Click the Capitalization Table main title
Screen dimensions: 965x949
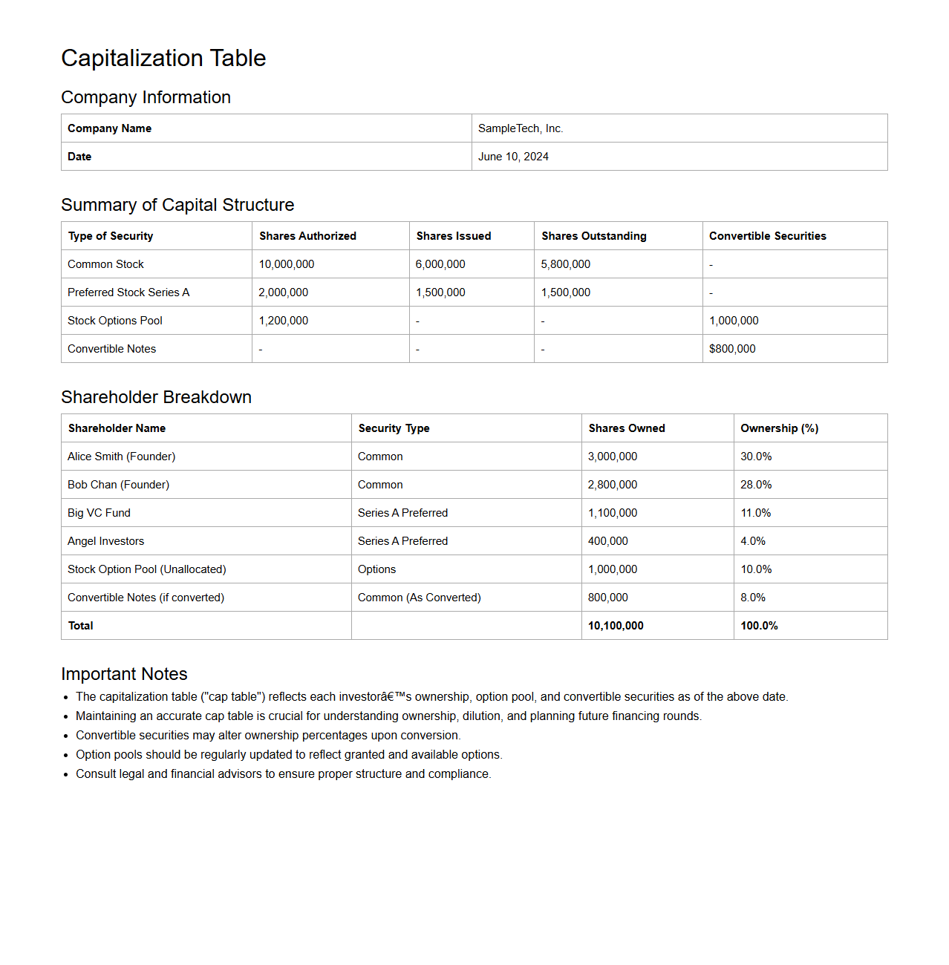click(163, 58)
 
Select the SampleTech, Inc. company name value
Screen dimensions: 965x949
click(521, 128)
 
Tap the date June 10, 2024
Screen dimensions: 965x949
click(513, 157)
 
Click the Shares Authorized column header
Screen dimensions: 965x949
click(307, 236)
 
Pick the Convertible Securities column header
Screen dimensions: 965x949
click(767, 236)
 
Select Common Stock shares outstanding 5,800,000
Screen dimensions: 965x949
click(565, 264)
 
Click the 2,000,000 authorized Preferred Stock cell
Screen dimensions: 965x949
click(283, 292)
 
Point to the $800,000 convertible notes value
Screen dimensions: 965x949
click(732, 349)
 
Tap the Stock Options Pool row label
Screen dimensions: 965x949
click(115, 321)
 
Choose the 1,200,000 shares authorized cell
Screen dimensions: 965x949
click(283, 321)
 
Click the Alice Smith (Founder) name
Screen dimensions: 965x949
click(121, 457)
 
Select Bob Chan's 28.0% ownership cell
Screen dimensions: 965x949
click(756, 485)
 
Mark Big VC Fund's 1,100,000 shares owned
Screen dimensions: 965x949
click(613, 513)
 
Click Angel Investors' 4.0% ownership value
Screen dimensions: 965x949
click(753, 541)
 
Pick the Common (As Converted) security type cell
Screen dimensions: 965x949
click(419, 598)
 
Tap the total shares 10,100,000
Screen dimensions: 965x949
click(616, 626)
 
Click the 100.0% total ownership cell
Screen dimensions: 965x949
click(759, 626)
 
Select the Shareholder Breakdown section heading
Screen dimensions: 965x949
click(156, 397)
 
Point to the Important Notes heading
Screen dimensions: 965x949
click(124, 674)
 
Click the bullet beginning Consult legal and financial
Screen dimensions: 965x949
click(283, 773)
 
